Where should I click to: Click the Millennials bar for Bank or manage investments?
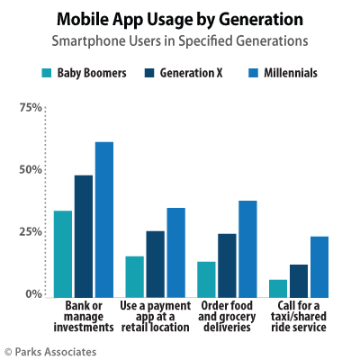(x=104, y=219)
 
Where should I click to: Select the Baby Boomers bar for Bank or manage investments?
(x=62, y=253)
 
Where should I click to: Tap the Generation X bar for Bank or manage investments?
(x=84, y=235)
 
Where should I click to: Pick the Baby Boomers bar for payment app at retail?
(x=134, y=275)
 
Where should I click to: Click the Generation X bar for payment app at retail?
(x=155, y=263)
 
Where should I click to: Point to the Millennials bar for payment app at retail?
(x=175, y=251)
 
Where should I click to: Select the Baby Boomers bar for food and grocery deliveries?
(x=206, y=278)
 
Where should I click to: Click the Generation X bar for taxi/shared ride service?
(x=298, y=279)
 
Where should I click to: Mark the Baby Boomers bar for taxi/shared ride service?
(x=277, y=287)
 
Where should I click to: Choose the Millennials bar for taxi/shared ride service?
(x=319, y=265)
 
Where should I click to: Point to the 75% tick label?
(x=31, y=108)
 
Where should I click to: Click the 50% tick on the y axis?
(x=31, y=170)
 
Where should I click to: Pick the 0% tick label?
(x=34, y=294)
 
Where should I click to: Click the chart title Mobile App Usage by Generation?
(x=180, y=18)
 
